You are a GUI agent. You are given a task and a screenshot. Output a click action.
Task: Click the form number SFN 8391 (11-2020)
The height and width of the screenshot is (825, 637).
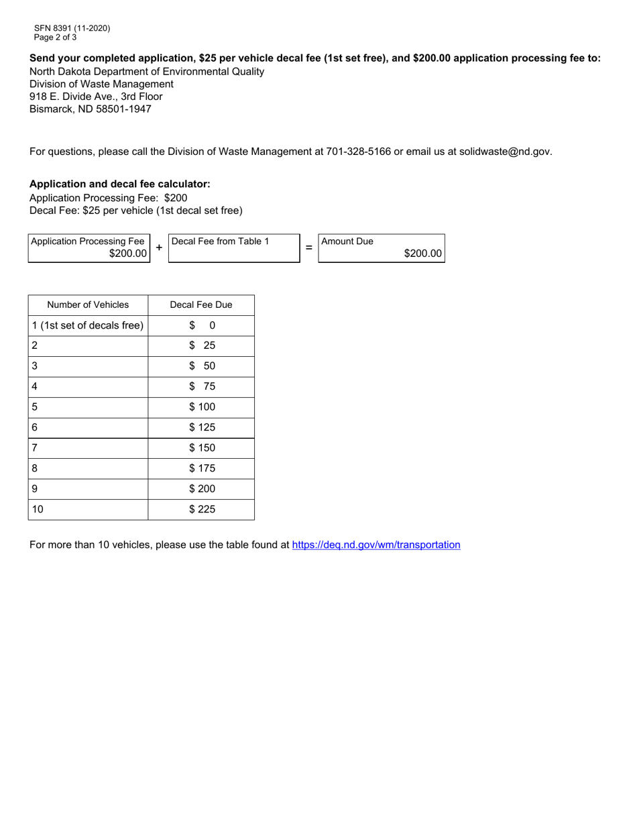(72, 28)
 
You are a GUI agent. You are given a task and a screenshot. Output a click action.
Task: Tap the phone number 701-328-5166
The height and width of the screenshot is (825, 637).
(358, 152)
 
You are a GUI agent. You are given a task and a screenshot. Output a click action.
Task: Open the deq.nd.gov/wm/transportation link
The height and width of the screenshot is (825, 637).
(376, 545)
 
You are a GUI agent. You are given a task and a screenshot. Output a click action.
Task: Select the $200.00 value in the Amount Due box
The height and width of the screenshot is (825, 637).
(422, 254)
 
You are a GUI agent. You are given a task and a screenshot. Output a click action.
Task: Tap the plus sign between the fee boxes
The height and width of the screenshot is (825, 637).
(159, 248)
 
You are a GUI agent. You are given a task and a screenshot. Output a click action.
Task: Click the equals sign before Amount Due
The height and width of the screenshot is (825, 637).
(309, 248)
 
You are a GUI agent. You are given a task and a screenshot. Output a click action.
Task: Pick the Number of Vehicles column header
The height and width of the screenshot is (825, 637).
(88, 305)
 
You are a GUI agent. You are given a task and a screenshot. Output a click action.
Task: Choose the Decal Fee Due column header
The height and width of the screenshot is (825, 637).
(201, 305)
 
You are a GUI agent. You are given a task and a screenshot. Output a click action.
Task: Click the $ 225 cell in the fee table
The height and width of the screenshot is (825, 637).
(202, 509)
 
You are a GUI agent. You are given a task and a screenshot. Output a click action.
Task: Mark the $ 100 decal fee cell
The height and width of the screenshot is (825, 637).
(202, 407)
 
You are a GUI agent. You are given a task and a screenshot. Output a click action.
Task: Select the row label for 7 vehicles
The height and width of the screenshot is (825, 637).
(35, 448)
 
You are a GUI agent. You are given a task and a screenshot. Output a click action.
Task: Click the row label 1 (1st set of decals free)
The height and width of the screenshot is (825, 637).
(88, 326)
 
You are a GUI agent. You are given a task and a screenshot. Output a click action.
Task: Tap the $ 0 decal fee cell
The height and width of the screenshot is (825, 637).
(202, 326)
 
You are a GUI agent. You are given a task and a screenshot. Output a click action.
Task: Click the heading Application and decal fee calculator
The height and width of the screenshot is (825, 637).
(120, 184)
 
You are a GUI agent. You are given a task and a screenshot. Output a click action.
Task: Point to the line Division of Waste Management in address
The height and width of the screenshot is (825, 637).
(101, 84)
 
